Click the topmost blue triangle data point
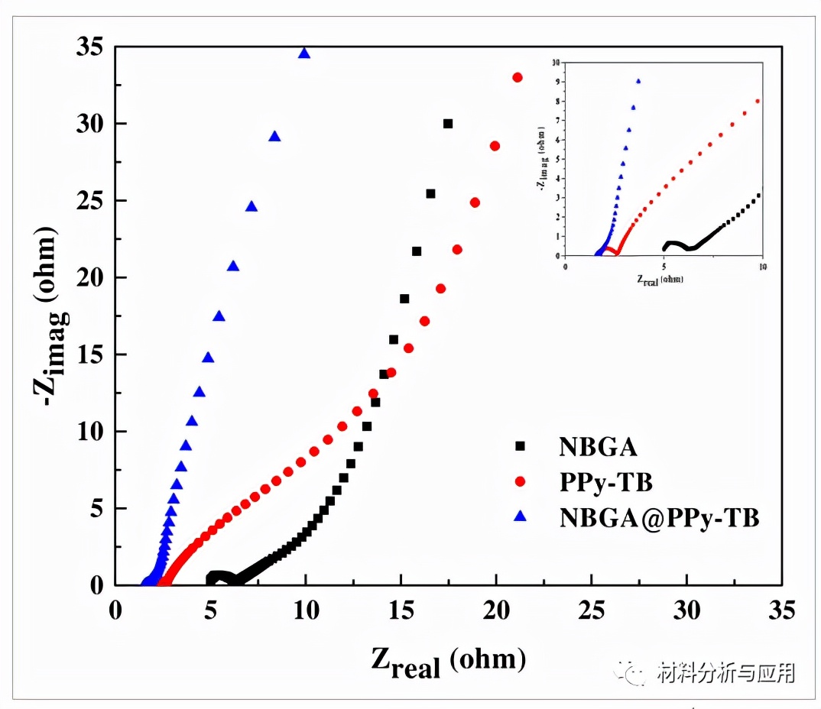point(304,53)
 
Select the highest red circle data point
point(518,77)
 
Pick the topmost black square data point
point(448,123)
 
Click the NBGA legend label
point(598,446)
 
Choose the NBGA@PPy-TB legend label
point(659,517)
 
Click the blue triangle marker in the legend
point(521,517)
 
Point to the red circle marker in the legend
point(521,482)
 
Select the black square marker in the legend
point(521,446)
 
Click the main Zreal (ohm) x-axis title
point(448,660)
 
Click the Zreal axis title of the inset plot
point(659,279)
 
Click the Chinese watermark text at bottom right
point(726,672)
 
